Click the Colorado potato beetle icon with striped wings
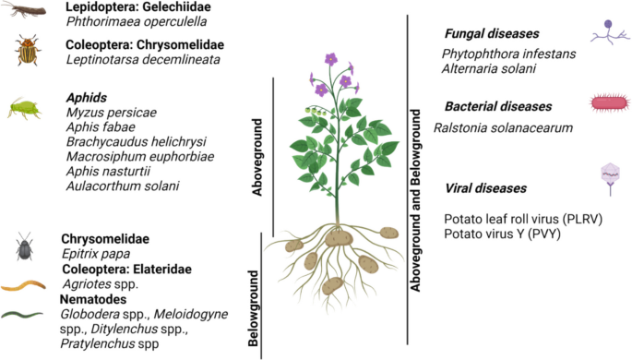point(27,50)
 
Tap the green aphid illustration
point(24,108)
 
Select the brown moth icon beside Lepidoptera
point(24,9)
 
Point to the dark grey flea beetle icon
point(25,246)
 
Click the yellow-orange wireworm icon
point(23,285)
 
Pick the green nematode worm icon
point(22,314)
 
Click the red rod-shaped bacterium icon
point(610,102)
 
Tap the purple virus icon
point(610,178)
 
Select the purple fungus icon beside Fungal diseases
point(610,32)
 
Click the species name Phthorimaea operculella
point(137,21)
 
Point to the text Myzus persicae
point(112,113)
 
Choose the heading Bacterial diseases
point(498,106)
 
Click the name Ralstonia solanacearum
point(503,128)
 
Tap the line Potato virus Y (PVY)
point(502,234)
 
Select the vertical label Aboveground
point(256,157)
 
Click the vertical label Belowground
point(253,308)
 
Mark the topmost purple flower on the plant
point(331,59)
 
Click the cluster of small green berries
point(316,111)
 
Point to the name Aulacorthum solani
point(123,186)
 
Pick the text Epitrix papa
point(96,254)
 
